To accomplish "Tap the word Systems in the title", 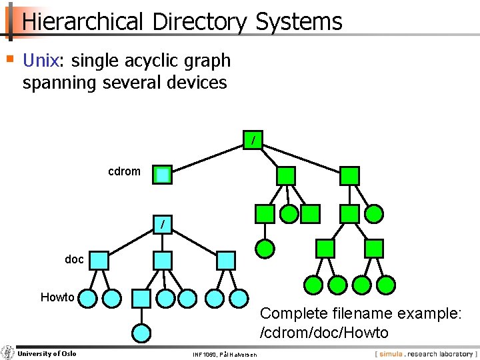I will [x=299, y=21].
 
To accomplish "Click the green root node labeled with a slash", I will [x=253, y=141].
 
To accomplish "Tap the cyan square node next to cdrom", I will [x=162, y=175].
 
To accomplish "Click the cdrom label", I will [x=125, y=171].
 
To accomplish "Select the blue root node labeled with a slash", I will [x=162, y=225].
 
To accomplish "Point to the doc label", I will [x=75, y=259].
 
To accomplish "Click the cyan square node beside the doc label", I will [x=99, y=260].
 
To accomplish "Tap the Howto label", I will [x=57, y=297].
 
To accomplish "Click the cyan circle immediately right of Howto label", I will [x=87, y=297].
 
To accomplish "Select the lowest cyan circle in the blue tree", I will [x=141, y=332].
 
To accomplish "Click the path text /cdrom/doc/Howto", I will [x=324, y=332].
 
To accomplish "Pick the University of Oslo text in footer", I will [x=47, y=353].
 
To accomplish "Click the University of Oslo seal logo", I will [x=7, y=353].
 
